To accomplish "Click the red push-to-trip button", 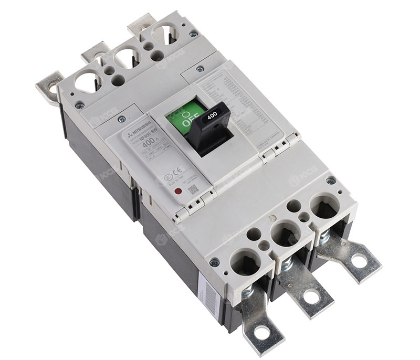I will pyautogui.click(x=178, y=192).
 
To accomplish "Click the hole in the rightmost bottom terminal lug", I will pyautogui.click(x=359, y=260).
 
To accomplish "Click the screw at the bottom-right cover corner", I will pyautogui.click(x=330, y=181).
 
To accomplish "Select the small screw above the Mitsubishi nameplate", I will pyautogui.click(x=122, y=120).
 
